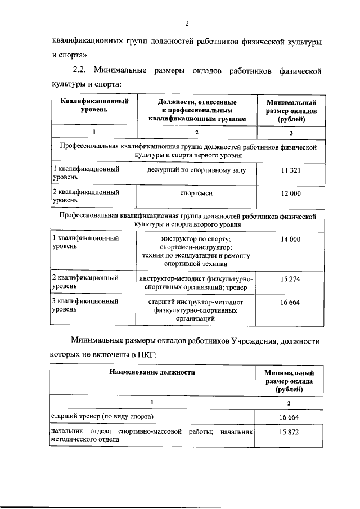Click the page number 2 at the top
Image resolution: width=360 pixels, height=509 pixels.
click(186, 23)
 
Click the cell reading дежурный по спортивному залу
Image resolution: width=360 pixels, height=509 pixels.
click(196, 170)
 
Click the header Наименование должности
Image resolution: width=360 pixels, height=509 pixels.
click(152, 372)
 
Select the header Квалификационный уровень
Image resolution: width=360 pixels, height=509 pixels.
click(94, 106)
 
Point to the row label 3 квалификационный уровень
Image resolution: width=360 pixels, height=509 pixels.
click(85, 305)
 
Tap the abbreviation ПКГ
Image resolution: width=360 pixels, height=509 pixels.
click(143, 355)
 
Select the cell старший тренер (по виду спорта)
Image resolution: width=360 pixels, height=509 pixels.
click(102, 416)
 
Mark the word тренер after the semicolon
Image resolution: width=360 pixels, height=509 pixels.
click(244, 288)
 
